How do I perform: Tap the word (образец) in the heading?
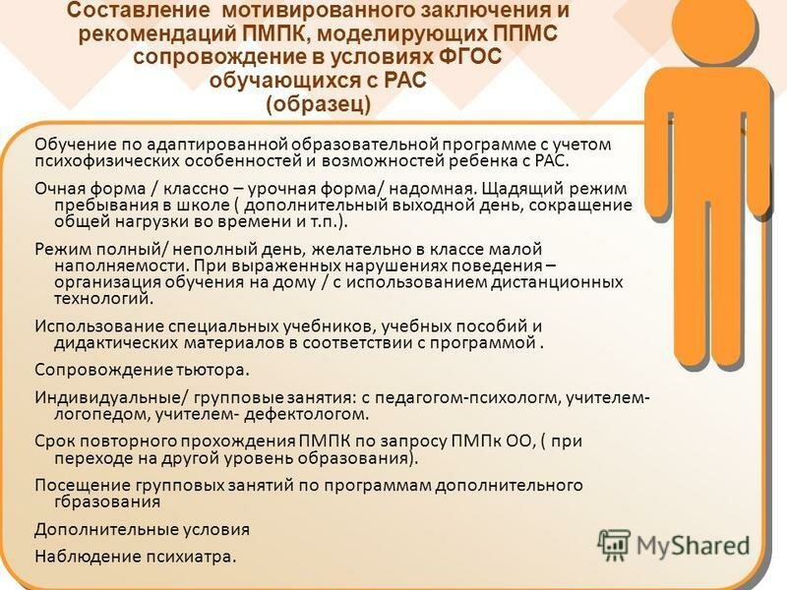318,104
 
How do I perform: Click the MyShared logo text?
693,546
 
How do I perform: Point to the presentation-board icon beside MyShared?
614,546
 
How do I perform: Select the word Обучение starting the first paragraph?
75,145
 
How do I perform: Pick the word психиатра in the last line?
191,557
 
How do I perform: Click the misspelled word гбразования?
107,501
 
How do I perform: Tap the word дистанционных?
557,282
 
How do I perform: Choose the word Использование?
99,326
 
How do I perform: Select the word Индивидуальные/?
112,397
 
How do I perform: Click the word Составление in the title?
138,10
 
